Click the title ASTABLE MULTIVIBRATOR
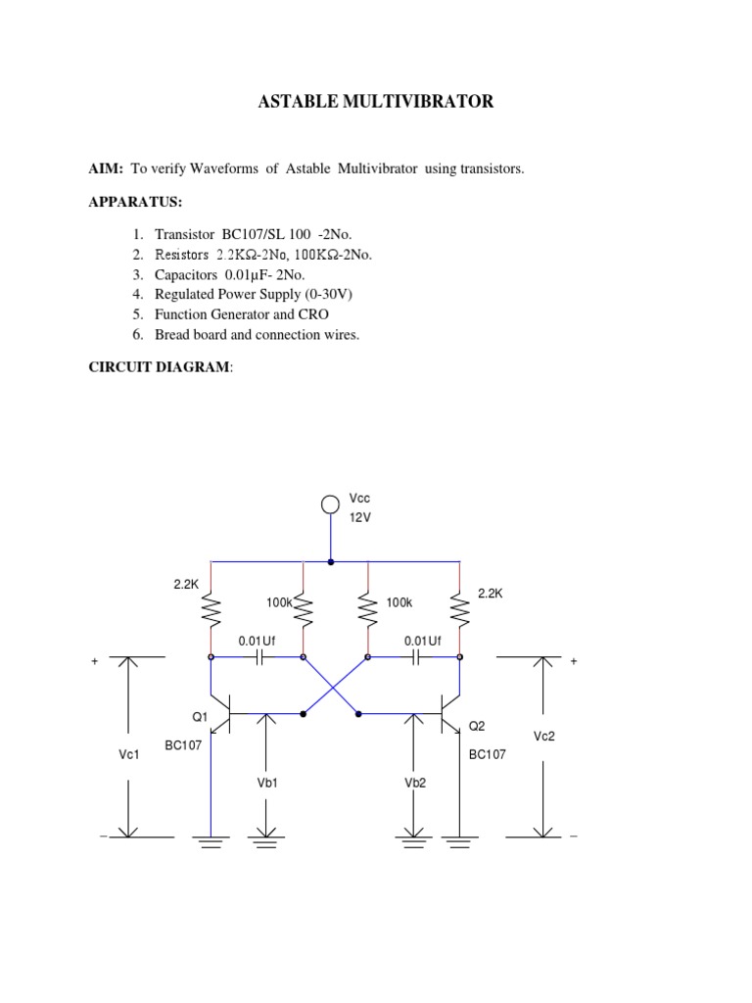[376, 102]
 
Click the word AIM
[107, 168]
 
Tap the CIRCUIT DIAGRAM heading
[161, 366]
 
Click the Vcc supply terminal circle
[332, 505]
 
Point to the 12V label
[361, 518]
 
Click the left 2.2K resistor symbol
[210, 611]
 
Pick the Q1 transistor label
[200, 717]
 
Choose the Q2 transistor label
[477, 726]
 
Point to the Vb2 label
[415, 783]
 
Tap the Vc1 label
[128, 755]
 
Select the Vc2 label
[544, 736]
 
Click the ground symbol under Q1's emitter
[210, 841]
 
